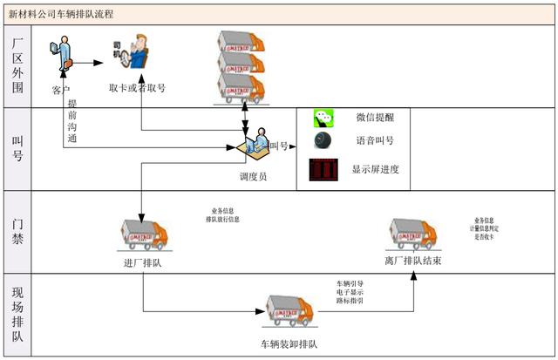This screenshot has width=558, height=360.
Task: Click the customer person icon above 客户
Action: [58, 57]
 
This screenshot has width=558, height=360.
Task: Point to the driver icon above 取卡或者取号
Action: [132, 58]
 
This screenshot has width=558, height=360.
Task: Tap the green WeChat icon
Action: [324, 117]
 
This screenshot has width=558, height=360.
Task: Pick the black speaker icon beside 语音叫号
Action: [324, 141]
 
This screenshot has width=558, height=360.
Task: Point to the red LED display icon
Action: [323, 170]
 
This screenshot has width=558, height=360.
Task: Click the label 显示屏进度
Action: [376, 169]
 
